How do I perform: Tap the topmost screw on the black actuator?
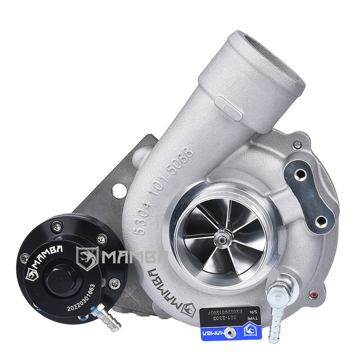click(56, 226)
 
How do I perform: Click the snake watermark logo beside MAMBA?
click(87, 258)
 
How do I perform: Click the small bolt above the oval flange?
click(297, 144)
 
